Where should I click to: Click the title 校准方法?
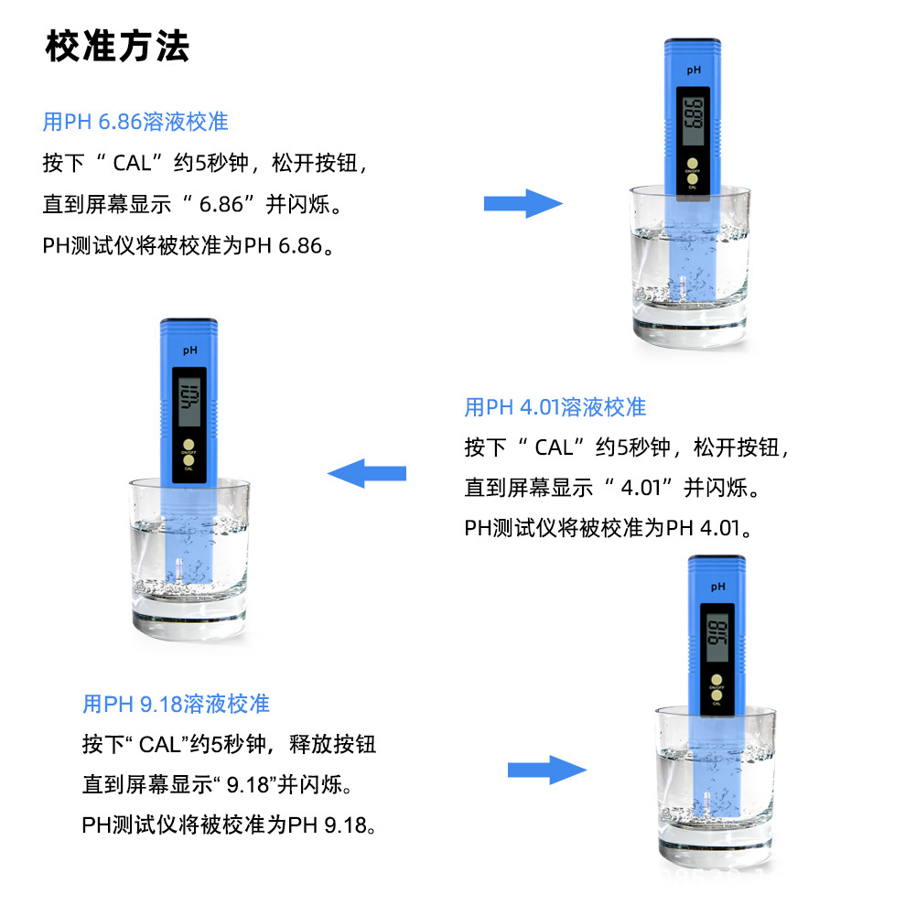[x=117, y=47]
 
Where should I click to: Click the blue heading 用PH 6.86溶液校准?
[x=135, y=121]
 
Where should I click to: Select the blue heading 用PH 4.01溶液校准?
[x=555, y=406]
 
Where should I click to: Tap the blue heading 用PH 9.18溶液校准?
[x=176, y=704]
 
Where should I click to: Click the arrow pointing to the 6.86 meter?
[x=523, y=202]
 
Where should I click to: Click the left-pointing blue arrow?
[x=367, y=473]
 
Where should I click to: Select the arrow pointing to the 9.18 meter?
[x=547, y=770]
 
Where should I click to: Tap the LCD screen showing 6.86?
[x=693, y=116]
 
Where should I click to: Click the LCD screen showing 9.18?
[x=717, y=633]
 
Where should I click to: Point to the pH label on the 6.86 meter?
[x=693, y=70]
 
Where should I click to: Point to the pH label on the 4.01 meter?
[x=189, y=350]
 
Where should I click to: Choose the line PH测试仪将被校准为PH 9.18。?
[x=229, y=824]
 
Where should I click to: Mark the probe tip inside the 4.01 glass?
[x=179, y=571]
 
